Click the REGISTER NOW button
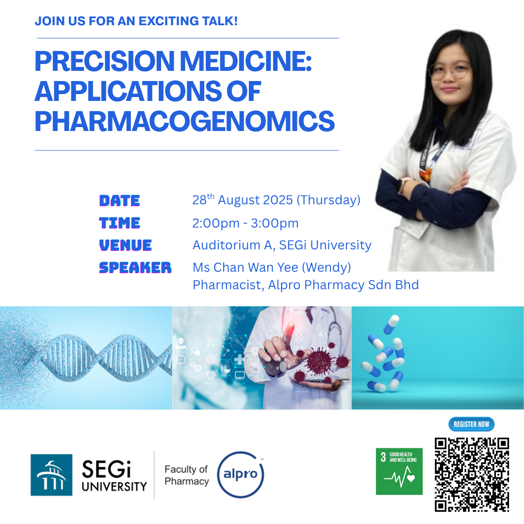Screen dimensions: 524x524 (x=471, y=424)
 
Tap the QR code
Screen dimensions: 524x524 (x=472, y=475)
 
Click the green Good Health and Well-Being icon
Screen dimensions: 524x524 (x=399, y=471)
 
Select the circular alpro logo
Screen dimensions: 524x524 (x=240, y=474)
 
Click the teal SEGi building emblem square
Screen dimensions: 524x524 (x=51, y=475)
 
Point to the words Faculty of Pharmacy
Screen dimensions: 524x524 (x=186, y=475)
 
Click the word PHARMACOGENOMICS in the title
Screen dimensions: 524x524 (x=184, y=121)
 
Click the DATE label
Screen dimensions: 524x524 (x=120, y=200)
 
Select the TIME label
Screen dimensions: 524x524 (x=120, y=223)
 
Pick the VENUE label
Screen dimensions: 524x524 (x=125, y=246)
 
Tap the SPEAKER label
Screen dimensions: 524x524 (x=135, y=268)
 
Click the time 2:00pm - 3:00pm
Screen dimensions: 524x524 (x=246, y=223)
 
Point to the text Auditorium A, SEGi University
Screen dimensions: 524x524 (x=282, y=246)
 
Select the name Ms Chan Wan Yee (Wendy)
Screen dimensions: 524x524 (x=272, y=267)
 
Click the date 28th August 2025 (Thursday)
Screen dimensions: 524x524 (x=277, y=200)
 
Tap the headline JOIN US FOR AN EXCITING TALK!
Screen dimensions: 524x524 (x=136, y=21)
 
